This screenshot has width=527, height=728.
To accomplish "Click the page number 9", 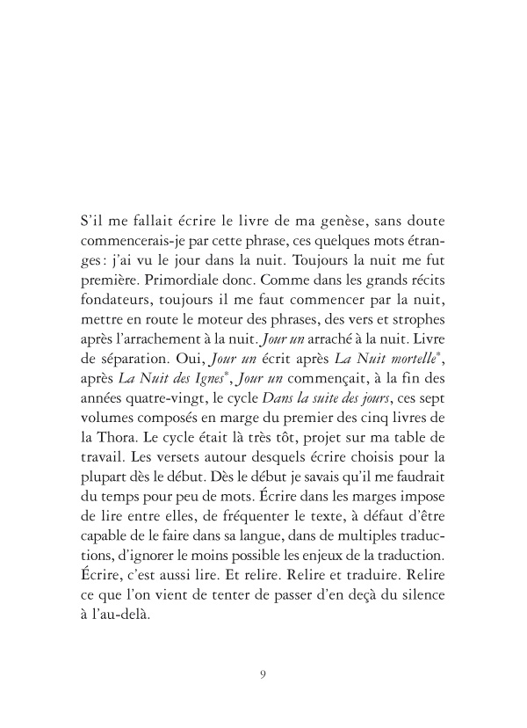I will [263, 675].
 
